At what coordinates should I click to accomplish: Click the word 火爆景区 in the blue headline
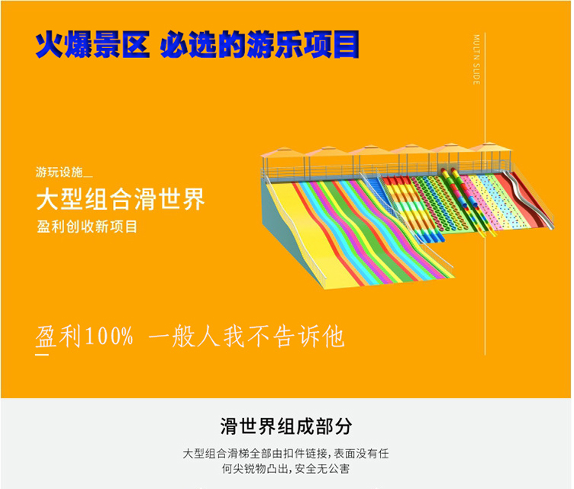click(x=92, y=44)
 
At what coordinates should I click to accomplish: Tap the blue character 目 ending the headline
click(x=345, y=44)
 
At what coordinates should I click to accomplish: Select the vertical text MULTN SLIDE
click(x=476, y=60)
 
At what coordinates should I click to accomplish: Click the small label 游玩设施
click(x=60, y=172)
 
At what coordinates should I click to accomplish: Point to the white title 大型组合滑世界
click(x=121, y=199)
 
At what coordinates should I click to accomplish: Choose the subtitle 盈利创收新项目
click(x=87, y=227)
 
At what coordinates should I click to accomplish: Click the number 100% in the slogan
click(x=109, y=336)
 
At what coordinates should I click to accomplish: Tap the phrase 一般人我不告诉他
click(x=247, y=336)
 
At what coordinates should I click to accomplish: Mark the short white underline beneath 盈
click(x=42, y=354)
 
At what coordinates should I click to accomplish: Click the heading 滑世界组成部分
click(x=286, y=426)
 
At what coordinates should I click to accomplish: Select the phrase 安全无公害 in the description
click(x=322, y=468)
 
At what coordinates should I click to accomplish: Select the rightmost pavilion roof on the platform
click(x=490, y=146)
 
